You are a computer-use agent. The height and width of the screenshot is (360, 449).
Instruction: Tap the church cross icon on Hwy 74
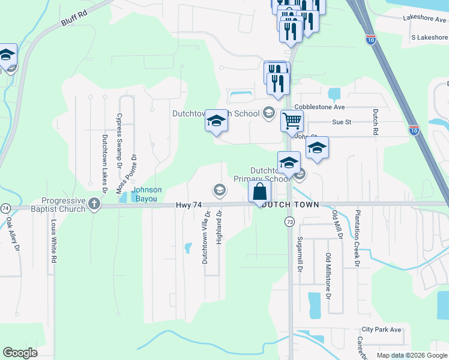(x=94, y=205)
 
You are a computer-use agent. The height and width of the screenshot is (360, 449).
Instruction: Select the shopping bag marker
(x=260, y=193)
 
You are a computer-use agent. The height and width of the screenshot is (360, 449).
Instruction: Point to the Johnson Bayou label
(x=146, y=194)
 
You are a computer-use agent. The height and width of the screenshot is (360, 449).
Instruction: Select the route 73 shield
(x=289, y=222)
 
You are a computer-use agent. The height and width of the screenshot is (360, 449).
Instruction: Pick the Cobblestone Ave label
(x=319, y=107)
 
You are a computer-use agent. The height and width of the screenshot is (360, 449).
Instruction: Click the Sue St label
(x=341, y=122)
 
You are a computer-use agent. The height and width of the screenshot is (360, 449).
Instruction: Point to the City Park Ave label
(x=381, y=330)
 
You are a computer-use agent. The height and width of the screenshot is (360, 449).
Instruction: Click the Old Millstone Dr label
(x=328, y=276)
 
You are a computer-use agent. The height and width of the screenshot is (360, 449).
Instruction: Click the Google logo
(x=20, y=353)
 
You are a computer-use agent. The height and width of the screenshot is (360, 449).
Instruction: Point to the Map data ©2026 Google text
(x=411, y=355)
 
